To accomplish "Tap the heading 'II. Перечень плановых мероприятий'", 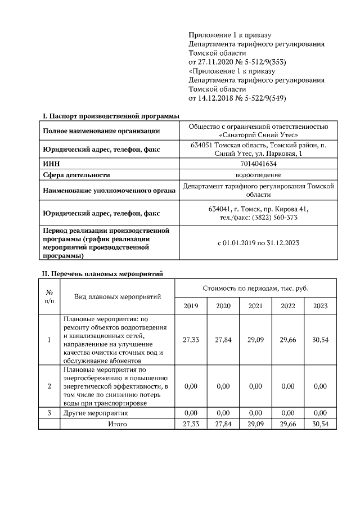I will [103, 274].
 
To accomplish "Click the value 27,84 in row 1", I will [223, 340].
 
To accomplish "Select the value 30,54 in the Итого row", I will [320, 424].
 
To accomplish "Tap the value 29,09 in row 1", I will [255, 340].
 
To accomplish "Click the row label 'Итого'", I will [118, 424].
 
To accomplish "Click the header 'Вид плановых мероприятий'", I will [118, 296].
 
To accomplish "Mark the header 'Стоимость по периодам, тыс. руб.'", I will [255, 288].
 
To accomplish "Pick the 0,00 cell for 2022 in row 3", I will [287, 413].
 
